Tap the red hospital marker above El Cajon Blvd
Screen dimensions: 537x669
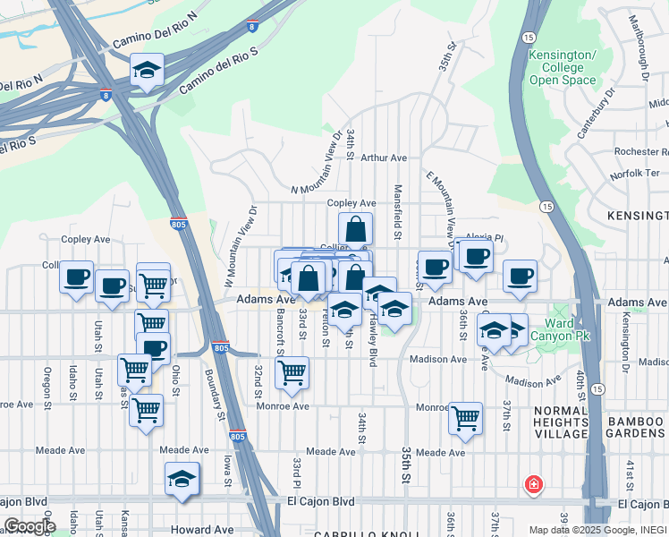(534, 484)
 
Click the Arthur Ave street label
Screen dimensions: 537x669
(383, 158)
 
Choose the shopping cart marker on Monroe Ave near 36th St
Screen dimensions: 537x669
(465, 416)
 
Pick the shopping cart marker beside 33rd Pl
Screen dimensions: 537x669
(292, 372)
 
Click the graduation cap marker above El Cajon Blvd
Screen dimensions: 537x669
(182, 479)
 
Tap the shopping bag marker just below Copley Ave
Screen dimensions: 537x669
(355, 229)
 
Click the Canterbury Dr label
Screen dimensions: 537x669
(597, 111)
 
